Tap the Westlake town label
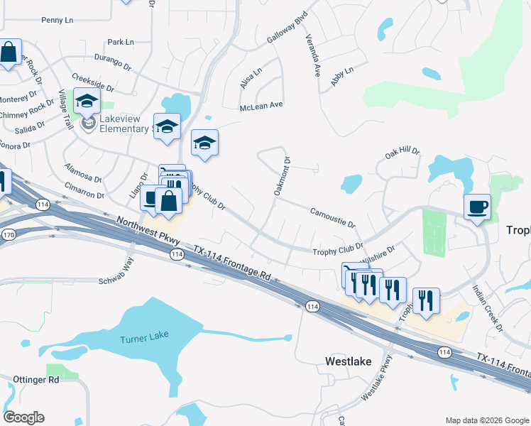[x=348, y=361]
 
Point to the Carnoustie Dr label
[x=332, y=217]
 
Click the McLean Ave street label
[x=261, y=105]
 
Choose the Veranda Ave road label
[x=312, y=57]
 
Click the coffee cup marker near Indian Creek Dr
[x=476, y=207]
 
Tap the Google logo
[x=23, y=417]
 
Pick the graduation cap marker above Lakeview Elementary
[x=87, y=102]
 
